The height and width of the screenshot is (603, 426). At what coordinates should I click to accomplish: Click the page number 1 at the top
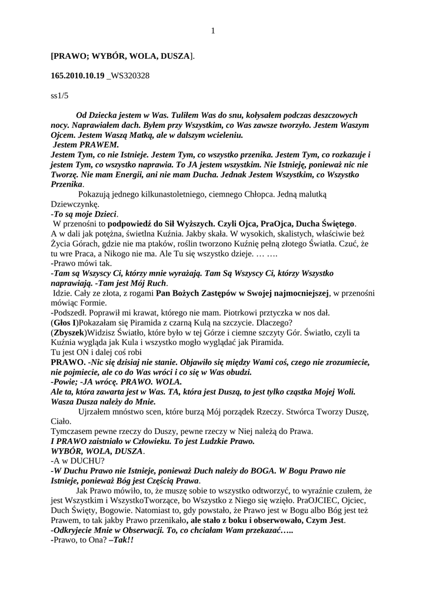tap(213, 31)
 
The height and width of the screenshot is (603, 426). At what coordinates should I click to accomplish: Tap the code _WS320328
tap(128, 77)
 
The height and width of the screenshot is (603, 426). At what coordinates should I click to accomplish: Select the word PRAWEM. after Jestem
tap(99, 144)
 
